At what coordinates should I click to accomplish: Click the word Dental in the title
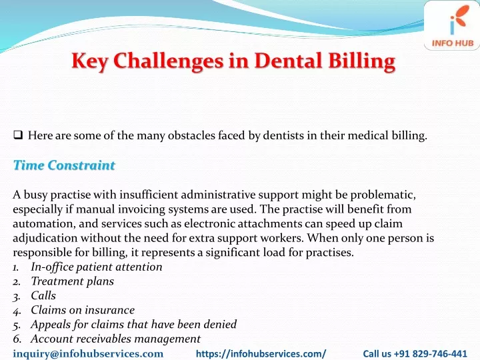[288, 61]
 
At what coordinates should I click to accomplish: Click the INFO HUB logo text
[453, 43]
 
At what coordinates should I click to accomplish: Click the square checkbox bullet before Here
[18, 135]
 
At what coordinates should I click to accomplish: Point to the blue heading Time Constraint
[64, 165]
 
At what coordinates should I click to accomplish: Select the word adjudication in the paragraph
[45, 238]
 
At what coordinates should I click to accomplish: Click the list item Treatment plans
[73, 281]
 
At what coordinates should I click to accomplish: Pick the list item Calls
[43, 296]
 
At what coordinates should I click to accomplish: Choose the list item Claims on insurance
[83, 310]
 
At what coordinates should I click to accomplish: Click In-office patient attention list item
[97, 267]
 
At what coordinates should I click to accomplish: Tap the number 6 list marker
[17, 339]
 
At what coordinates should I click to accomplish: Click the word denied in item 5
[220, 324]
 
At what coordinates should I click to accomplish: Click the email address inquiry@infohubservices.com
[88, 353]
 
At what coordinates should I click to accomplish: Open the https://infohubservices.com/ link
[261, 354]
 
